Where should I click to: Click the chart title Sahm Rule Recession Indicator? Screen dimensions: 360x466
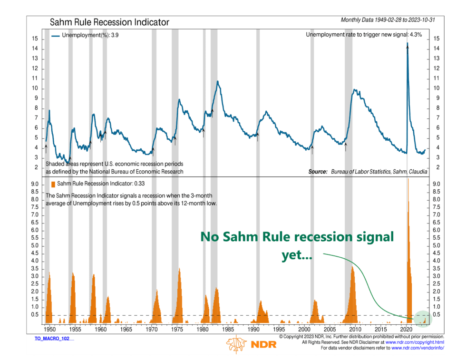[109, 22]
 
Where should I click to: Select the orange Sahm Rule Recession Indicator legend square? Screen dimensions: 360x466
[52, 184]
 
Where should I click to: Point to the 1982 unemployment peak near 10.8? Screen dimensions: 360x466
[217, 82]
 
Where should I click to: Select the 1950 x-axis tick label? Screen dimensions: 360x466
[49, 329]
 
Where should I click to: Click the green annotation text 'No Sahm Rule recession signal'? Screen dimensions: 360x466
[297, 237]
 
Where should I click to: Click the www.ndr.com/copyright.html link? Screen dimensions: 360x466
[415, 342]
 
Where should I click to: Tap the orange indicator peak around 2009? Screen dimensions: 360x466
[352, 267]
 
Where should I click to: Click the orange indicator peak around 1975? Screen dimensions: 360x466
[179, 269]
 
